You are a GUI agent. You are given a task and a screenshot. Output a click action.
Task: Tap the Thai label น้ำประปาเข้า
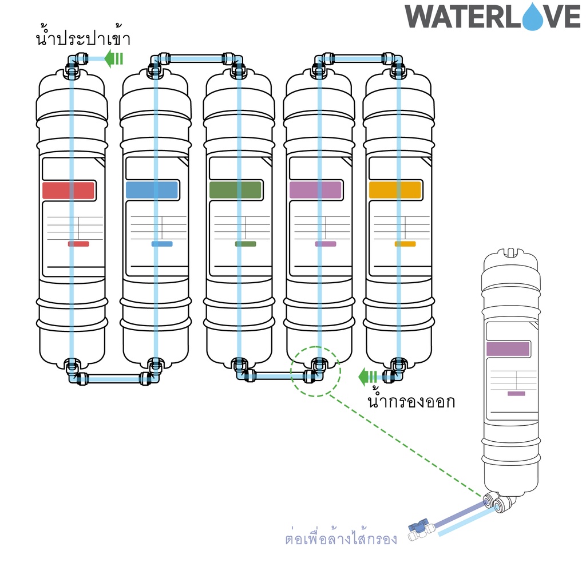coord(83,37)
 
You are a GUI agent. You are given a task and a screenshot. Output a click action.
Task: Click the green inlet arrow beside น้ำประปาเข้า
coord(114,59)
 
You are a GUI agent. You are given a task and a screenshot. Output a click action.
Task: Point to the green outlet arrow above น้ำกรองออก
coord(368,377)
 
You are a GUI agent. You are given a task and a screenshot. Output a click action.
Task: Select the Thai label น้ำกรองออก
coord(411,401)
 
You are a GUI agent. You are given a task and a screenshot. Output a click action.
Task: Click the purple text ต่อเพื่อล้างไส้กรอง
coord(341,538)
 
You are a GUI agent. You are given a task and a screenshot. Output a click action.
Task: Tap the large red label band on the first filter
coord(69,190)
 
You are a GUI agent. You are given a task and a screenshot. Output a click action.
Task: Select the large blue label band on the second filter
coord(152,190)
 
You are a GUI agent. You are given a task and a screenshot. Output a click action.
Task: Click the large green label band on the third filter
coord(235,190)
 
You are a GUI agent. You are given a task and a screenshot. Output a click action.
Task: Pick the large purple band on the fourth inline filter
coord(315,190)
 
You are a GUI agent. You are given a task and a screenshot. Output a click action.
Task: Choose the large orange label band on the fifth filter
coord(395,190)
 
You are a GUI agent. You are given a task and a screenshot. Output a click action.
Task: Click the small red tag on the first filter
coord(78,244)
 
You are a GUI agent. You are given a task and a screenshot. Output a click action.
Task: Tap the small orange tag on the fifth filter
coord(405,244)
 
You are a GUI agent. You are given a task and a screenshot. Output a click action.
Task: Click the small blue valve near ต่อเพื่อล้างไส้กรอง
coord(418,527)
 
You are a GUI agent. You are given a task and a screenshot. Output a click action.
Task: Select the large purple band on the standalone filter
coord(508,349)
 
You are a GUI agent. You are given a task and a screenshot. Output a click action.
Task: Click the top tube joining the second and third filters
coord(197,59)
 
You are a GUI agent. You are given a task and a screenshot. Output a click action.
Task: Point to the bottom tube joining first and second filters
coord(114,379)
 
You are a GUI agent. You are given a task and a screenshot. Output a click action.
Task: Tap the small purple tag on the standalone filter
coord(516,394)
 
